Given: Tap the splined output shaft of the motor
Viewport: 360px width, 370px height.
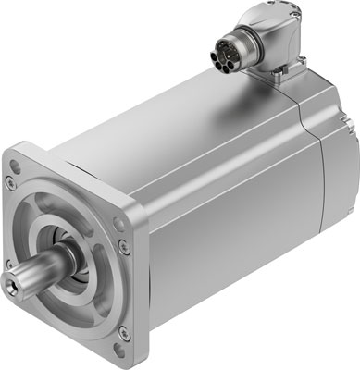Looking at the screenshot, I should click(39, 275).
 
